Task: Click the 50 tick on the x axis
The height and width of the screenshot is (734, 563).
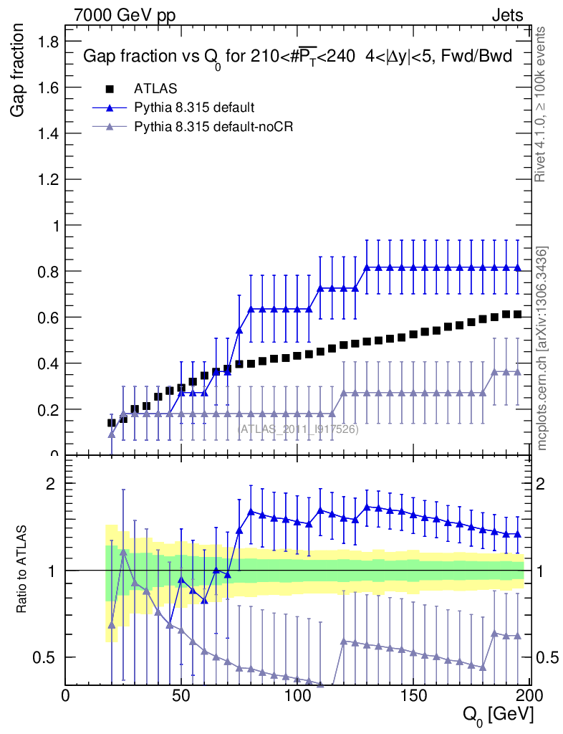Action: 181,696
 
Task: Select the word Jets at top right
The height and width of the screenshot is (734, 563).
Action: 506,15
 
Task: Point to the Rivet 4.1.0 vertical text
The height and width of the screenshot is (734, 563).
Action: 542,104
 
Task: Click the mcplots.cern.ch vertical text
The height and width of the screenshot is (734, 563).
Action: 542,348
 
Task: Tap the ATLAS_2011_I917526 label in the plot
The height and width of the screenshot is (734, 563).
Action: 298,429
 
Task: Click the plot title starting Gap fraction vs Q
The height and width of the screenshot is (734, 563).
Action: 298,57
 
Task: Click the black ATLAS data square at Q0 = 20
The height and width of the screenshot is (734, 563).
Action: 111,423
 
